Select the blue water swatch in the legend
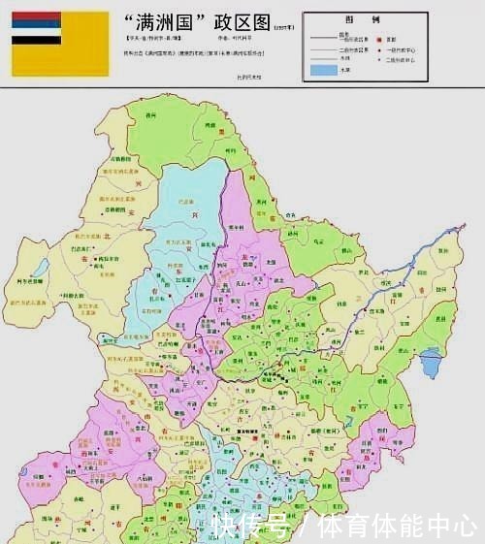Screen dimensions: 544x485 322,70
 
